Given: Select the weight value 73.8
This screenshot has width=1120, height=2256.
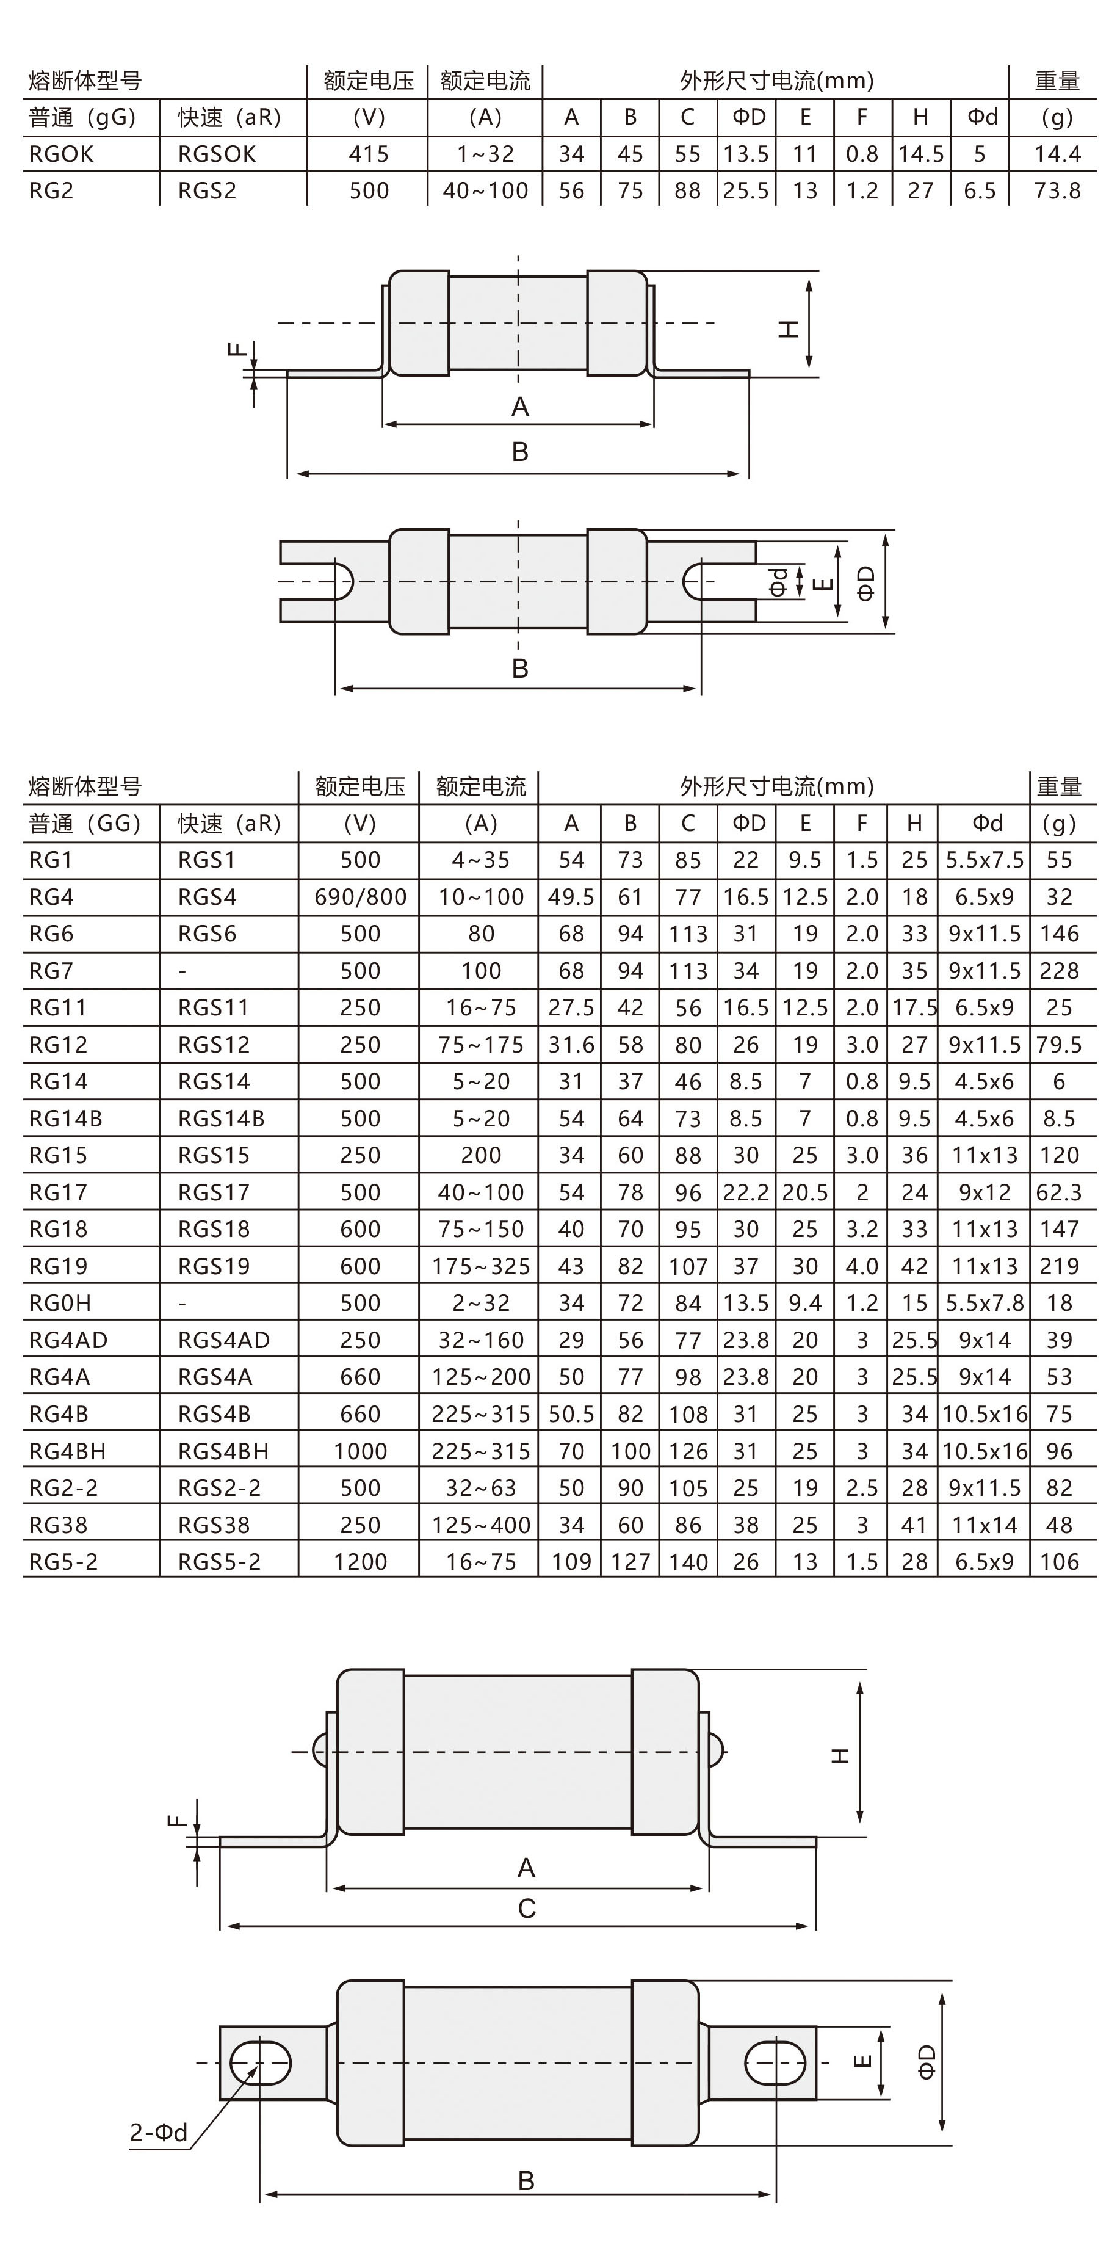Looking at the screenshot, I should (x=1057, y=191).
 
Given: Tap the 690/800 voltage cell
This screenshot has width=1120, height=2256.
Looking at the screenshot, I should (x=360, y=897).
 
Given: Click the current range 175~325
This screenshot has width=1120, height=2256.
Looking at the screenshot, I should (x=481, y=1266).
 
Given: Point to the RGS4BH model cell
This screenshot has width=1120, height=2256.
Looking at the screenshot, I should (x=223, y=1451).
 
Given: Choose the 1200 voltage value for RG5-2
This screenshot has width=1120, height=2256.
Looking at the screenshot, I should (x=360, y=1562).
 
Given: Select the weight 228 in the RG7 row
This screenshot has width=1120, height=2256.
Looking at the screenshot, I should (x=1059, y=970).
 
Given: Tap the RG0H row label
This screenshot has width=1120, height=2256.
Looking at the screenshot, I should (x=60, y=1303).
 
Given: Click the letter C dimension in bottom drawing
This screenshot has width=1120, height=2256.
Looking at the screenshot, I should (x=526, y=1909).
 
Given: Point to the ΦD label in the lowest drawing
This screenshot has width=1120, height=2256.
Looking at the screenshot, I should (x=927, y=2062).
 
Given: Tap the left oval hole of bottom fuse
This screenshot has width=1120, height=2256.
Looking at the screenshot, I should (x=260, y=2062).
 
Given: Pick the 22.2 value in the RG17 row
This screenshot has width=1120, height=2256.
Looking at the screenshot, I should (x=745, y=1193).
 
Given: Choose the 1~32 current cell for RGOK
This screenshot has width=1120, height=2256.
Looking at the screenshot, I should (x=485, y=154).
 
